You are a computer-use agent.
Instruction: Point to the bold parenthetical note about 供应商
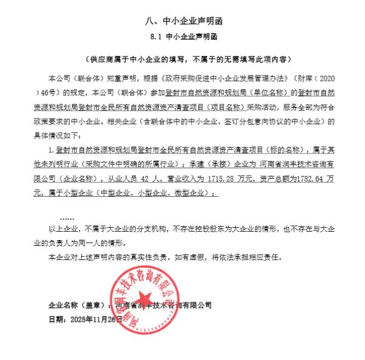(183, 59)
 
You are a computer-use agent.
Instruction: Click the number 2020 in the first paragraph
(324, 78)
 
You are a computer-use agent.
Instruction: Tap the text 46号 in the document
(51, 91)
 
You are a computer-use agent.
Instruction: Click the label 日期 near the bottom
(56, 319)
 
